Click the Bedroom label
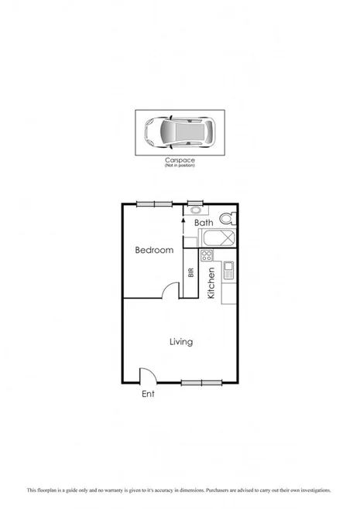tap(154, 250)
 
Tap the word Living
tap(181, 342)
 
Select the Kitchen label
tap(211, 283)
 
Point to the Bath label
tap(204, 223)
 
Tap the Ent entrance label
tap(148, 395)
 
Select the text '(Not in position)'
tap(179, 165)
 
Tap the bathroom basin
tap(195, 210)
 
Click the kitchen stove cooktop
tap(207, 255)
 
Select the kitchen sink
tap(228, 271)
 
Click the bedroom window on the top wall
tap(154, 203)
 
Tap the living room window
tap(202, 382)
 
